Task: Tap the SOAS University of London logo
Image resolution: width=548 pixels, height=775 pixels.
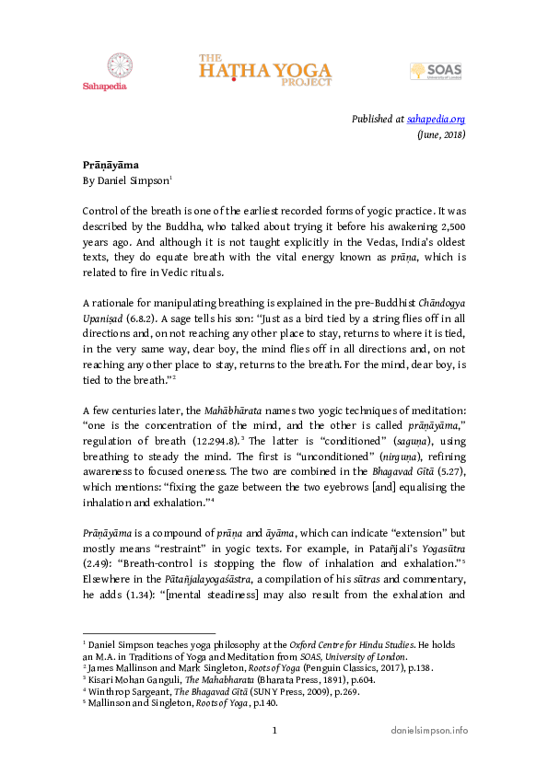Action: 437,73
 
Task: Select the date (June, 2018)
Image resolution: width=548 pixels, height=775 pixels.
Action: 441,134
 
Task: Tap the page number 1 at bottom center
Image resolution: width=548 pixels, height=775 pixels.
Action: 274,729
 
